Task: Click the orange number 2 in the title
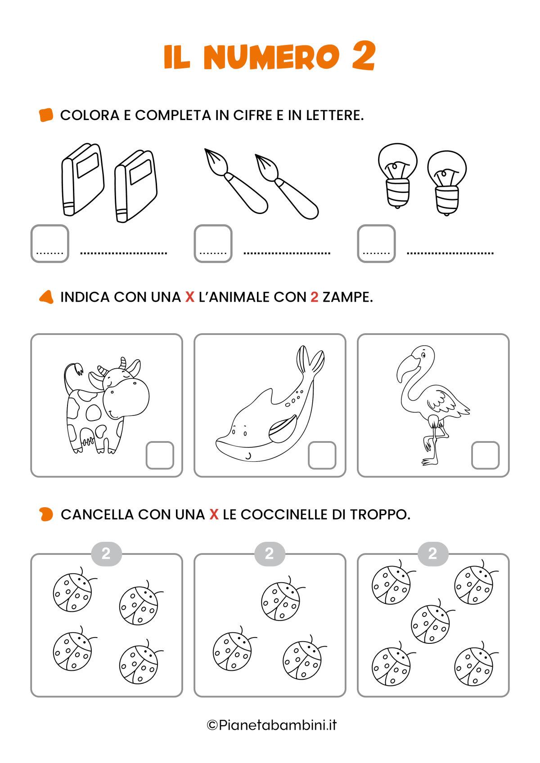point(364,56)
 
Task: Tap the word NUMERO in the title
point(271,58)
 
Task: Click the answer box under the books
point(49,243)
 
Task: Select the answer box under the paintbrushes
point(213,243)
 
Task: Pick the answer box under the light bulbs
point(376,243)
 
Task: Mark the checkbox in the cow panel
point(160,455)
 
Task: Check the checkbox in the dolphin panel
point(322,455)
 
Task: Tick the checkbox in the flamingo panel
point(485,455)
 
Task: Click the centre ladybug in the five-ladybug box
point(430,624)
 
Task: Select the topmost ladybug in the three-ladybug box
point(281,601)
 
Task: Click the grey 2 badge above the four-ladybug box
point(106,553)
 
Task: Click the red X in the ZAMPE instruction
point(190,297)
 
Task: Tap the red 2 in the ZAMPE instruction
point(314,297)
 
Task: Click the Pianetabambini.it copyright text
point(272,725)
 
